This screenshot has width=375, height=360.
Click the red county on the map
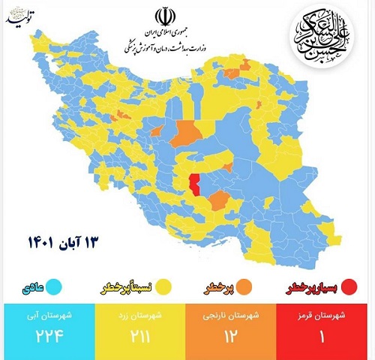coord(196,183)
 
